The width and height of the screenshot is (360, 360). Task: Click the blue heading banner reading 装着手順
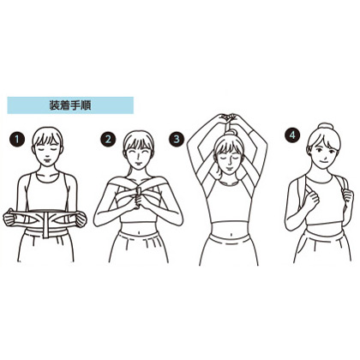point(70,105)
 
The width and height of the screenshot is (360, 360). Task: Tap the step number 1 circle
point(17,140)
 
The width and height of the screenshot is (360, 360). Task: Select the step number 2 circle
point(108,139)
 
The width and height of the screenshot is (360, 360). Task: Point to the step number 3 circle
point(177,139)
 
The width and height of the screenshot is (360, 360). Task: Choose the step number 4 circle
point(292,135)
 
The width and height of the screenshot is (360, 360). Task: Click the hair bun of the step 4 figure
point(325,126)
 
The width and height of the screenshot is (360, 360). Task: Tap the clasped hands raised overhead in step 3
point(228,117)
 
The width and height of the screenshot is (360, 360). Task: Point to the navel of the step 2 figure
point(138,232)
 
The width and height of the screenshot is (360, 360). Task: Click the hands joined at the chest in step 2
point(139,196)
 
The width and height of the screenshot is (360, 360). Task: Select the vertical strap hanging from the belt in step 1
point(45,225)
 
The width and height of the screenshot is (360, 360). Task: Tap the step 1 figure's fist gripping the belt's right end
point(81,219)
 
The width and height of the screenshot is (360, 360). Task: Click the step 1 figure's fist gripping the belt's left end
point(9,218)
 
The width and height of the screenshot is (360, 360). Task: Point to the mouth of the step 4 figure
point(322,161)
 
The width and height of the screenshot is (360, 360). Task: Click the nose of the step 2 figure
point(137,157)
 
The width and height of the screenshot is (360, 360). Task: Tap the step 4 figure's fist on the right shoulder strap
point(348,197)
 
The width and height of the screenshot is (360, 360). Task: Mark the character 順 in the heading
point(86,105)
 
